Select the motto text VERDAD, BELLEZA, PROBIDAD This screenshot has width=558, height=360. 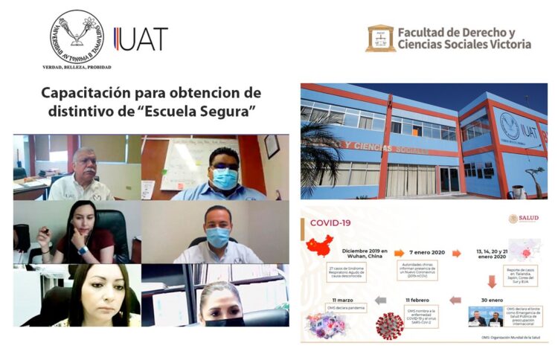(77, 67)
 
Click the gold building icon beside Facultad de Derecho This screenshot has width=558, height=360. (380, 38)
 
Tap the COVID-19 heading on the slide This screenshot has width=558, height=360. (330, 222)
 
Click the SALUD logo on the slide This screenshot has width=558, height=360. (523, 219)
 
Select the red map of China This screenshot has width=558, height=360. (319, 246)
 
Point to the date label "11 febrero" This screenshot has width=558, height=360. (417, 300)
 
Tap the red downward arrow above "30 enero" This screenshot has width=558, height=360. (492, 282)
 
